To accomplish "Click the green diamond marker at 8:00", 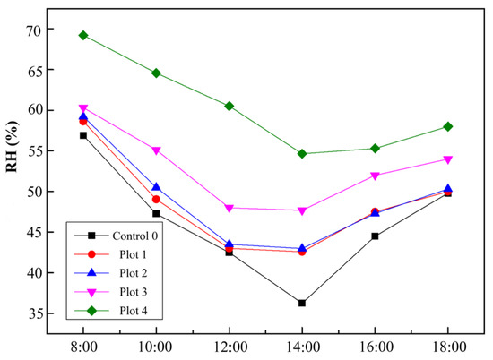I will click(x=82, y=36).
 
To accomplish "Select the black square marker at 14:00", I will click(x=302, y=303).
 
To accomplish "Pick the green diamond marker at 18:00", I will click(x=447, y=126).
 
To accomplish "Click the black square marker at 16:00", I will click(x=375, y=236).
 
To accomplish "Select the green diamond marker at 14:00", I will click(x=302, y=153).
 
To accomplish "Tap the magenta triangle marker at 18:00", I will click(x=447, y=159).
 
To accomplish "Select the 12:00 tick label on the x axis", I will click(x=229, y=344).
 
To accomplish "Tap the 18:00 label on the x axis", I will click(x=447, y=344).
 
